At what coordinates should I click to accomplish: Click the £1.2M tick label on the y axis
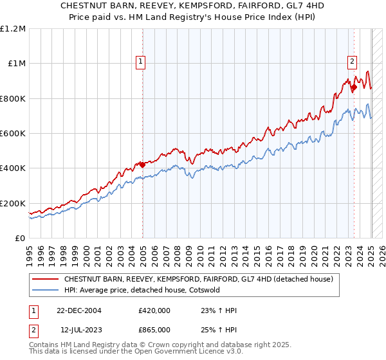click(x=13, y=28)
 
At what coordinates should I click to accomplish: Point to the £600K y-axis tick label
click(x=13, y=133)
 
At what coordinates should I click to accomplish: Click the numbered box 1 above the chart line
click(x=141, y=62)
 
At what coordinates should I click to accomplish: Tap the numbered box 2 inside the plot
click(x=353, y=62)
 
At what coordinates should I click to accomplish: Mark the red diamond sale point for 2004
click(x=142, y=165)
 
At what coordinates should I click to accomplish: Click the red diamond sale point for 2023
click(x=354, y=87)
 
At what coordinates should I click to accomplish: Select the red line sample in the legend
click(x=46, y=279)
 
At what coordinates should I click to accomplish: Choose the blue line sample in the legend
click(x=46, y=290)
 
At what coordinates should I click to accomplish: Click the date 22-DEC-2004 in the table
click(x=79, y=310)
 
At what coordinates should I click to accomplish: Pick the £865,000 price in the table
click(x=154, y=329)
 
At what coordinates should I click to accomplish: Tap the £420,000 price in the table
click(x=154, y=310)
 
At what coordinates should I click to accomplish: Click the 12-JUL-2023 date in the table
click(x=79, y=329)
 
